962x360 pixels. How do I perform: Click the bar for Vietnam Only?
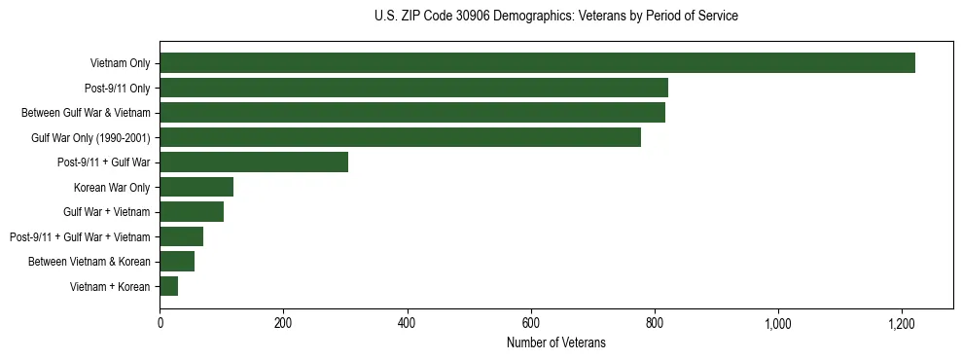coord(537,63)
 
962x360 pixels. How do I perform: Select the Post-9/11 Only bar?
coord(413,89)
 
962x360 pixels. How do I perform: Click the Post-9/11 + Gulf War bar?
coord(254,162)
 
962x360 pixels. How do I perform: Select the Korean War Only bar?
coord(196,187)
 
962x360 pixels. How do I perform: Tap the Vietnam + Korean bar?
coord(169,286)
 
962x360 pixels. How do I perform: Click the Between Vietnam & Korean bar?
coord(177,262)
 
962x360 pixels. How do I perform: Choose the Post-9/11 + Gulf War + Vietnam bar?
coord(182,236)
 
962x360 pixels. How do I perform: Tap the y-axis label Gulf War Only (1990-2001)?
coord(90,137)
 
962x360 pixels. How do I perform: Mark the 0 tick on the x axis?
coord(160,322)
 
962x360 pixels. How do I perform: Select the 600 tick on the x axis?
coord(531,322)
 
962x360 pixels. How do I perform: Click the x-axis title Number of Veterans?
coord(555,342)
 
